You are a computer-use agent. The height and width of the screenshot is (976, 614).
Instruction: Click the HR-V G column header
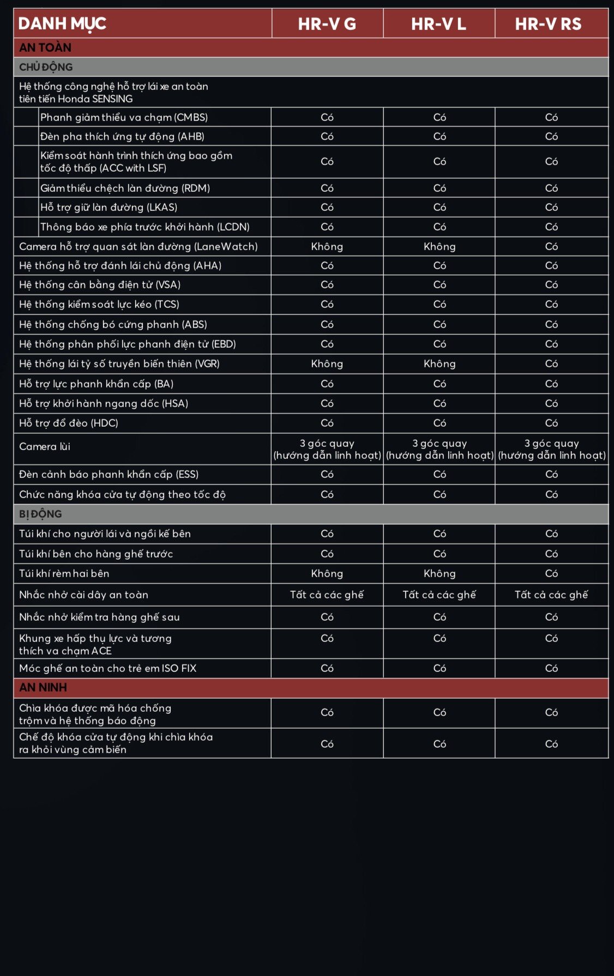point(327,24)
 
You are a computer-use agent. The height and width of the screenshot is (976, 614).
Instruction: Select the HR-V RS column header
point(548,24)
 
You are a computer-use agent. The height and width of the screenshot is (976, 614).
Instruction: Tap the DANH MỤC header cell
point(62,24)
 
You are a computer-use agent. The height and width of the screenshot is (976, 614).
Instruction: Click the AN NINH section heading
point(43,688)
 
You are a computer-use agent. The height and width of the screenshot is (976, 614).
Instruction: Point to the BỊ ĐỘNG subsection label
point(40,514)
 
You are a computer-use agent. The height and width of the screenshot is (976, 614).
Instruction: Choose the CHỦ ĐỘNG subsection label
point(46,67)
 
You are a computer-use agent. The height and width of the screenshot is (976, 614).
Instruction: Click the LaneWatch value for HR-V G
point(327,246)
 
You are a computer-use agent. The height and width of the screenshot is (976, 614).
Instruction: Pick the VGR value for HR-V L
point(440,363)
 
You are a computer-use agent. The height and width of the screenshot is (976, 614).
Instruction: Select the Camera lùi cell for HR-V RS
point(551,449)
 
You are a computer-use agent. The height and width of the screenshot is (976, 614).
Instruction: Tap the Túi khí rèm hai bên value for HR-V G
point(327,573)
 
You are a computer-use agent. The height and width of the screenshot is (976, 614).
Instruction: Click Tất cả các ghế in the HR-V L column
point(440,595)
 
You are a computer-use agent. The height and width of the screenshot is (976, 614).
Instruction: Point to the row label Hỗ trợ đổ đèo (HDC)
point(69,423)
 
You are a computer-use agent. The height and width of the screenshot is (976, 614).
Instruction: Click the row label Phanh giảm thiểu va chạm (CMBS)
point(124,117)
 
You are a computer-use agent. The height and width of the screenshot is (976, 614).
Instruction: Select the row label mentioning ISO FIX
point(107,668)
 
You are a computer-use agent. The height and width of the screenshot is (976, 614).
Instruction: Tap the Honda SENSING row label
point(113,92)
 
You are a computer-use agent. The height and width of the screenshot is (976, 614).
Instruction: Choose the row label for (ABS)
point(113,324)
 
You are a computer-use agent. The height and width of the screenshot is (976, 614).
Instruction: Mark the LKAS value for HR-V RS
point(551,207)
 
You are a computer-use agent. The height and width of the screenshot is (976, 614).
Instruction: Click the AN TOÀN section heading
point(45,47)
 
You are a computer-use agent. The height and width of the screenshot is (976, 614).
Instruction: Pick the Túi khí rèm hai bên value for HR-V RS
point(551,573)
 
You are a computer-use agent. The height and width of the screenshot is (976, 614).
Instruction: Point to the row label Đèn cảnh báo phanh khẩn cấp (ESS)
point(109,474)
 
